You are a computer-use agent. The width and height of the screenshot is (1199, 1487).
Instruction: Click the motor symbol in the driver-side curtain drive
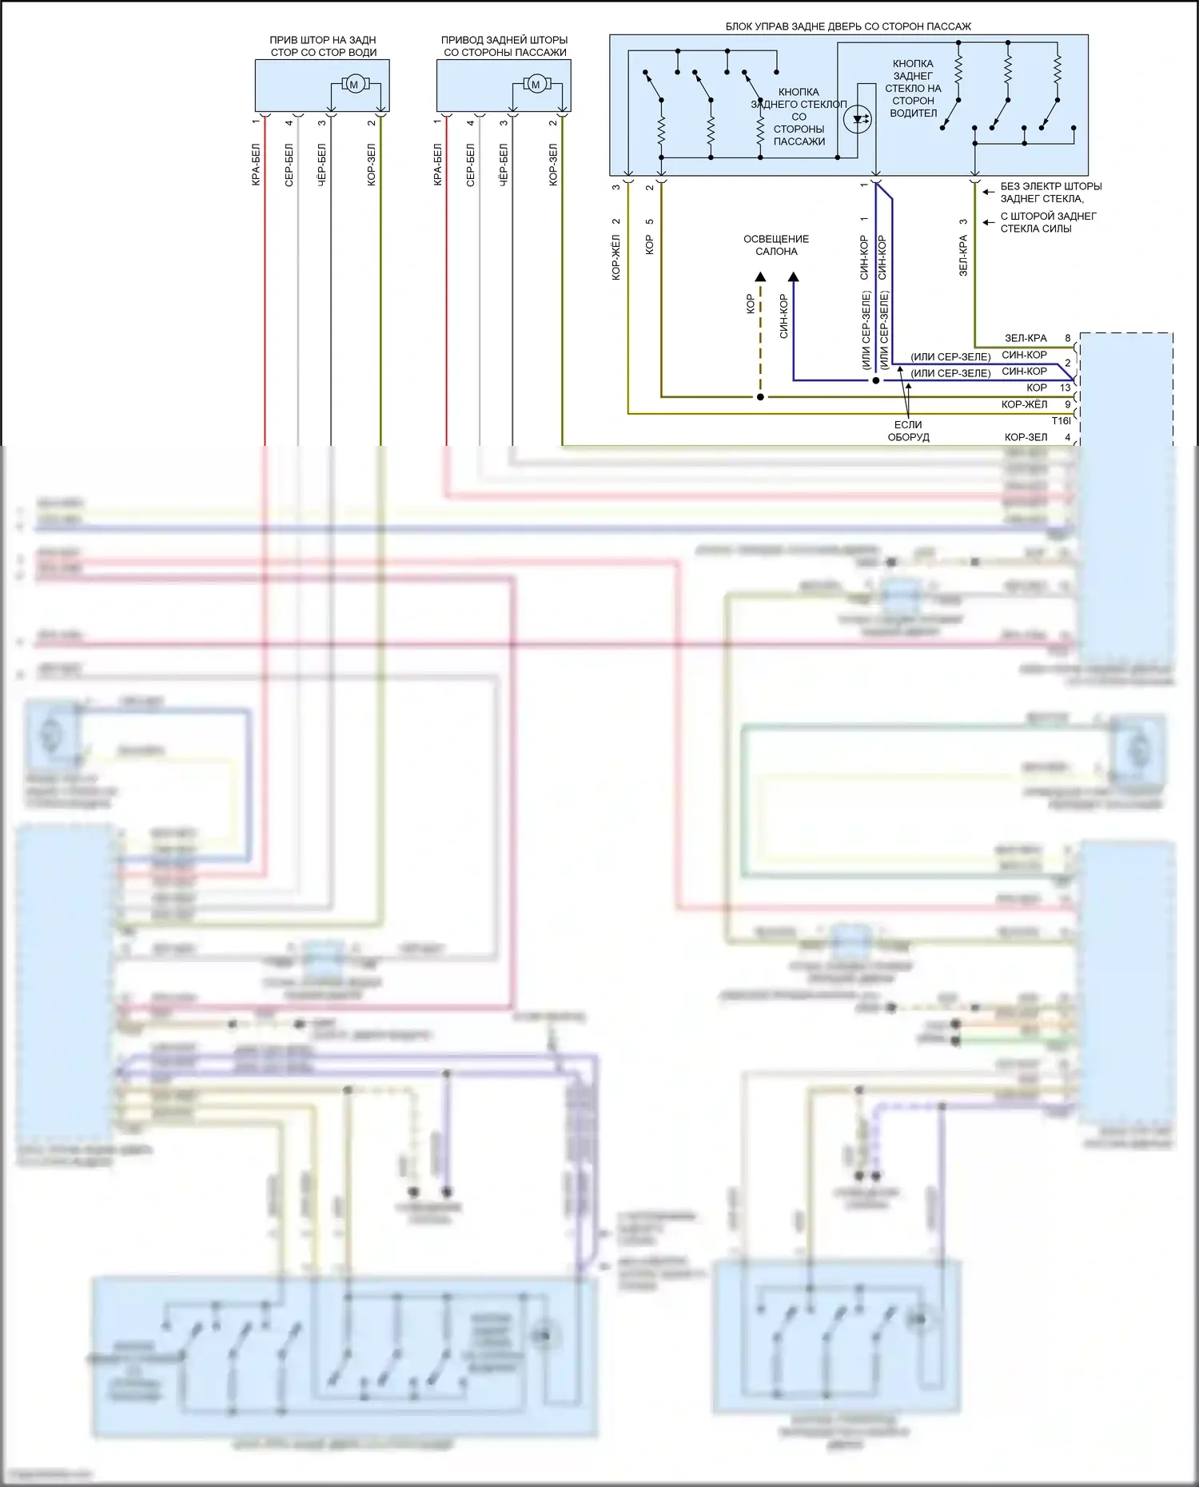(353, 84)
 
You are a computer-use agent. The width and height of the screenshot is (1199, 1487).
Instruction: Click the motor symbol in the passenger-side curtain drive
(535, 84)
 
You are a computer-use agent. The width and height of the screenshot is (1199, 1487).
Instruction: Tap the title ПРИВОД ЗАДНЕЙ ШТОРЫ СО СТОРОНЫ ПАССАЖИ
(504, 46)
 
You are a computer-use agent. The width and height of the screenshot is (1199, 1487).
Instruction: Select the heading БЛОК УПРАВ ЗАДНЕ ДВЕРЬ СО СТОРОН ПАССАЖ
(848, 26)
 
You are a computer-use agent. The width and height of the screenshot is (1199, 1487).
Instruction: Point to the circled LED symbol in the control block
(858, 120)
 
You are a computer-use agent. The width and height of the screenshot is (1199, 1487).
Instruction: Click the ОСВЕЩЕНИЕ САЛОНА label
(776, 245)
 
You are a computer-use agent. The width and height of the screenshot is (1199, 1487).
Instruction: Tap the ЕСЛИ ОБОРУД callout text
(908, 431)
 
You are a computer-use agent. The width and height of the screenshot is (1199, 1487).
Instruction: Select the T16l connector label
(1061, 421)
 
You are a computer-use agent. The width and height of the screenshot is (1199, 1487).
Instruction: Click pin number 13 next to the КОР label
(1065, 388)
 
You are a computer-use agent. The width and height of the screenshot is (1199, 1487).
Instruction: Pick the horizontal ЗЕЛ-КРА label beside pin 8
(1026, 338)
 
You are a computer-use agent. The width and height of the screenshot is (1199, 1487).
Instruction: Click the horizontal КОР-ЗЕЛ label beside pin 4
(1026, 437)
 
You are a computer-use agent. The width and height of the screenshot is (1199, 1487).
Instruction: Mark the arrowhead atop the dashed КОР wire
(760, 277)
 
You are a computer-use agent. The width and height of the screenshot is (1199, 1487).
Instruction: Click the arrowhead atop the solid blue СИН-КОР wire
(793, 277)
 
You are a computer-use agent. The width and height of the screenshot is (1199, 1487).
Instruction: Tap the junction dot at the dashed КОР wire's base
(760, 397)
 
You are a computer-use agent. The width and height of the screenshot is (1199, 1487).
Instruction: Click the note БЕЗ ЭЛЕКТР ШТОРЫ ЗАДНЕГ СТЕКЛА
(1050, 193)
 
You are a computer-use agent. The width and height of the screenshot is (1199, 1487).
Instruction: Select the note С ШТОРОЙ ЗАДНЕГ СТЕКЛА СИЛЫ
(1048, 222)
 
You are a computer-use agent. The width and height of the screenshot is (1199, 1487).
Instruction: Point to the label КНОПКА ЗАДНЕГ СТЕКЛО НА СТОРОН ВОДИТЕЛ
(913, 88)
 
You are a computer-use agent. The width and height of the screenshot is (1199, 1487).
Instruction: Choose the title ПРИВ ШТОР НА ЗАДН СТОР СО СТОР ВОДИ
(323, 46)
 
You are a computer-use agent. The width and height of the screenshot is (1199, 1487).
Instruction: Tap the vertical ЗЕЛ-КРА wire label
(963, 256)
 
